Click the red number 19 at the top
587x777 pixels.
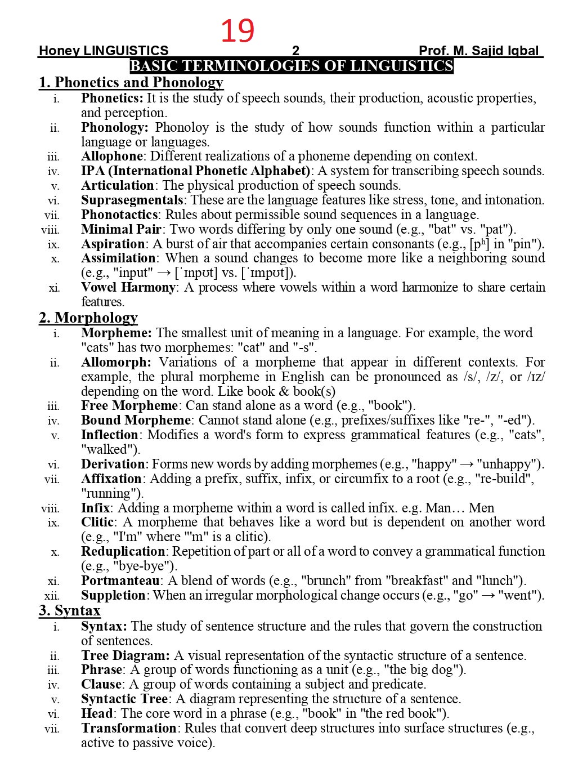click(237, 30)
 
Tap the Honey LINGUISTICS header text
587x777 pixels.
click(103, 51)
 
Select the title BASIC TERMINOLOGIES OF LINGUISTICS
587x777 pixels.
click(292, 66)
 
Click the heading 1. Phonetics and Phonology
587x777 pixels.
click(131, 82)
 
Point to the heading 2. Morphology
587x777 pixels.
click(88, 318)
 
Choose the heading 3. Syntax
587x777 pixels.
click(69, 610)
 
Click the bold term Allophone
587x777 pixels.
click(111, 156)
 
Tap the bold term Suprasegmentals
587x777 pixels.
click(132, 200)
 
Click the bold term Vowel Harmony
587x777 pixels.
click(128, 287)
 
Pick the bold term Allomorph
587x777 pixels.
click(116, 362)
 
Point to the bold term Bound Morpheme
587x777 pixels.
click(136, 420)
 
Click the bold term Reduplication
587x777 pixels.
click(123, 551)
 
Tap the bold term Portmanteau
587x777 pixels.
click(121, 580)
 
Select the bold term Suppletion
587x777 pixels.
click(113, 595)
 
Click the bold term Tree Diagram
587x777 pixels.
click(125, 655)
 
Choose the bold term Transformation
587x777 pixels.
click(129, 728)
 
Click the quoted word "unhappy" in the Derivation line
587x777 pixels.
click(509, 464)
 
